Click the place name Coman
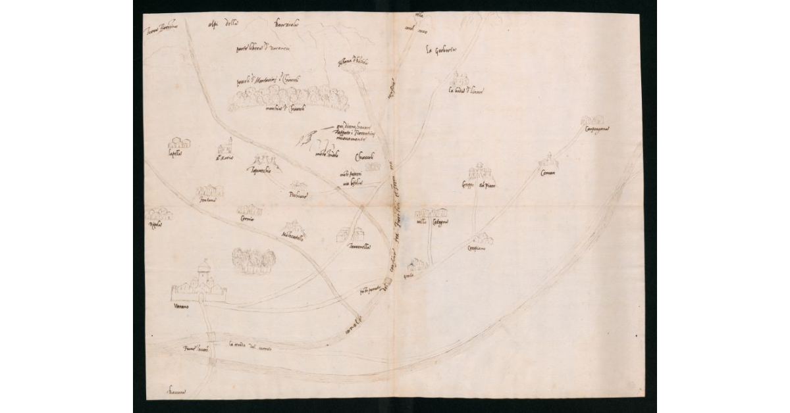(x=548, y=172)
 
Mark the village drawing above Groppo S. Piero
(x=481, y=172)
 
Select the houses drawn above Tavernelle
(x=350, y=234)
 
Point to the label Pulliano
(x=298, y=195)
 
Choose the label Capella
(x=174, y=155)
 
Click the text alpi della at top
(x=222, y=26)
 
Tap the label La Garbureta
(x=442, y=50)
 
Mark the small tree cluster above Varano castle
(x=253, y=259)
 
